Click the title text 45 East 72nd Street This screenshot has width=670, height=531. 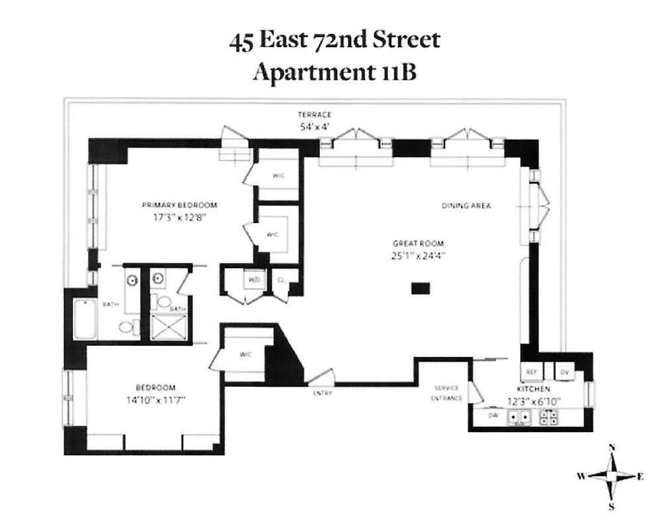pos(334,40)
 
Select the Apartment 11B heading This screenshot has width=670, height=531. pos(334,71)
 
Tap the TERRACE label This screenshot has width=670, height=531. pos(314,115)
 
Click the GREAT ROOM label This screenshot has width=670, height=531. pos(418,243)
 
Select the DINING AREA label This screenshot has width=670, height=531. pos(466,206)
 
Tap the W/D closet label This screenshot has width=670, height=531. pos(254,279)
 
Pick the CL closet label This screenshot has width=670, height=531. pos(281,279)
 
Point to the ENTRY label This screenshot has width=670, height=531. pos(322,393)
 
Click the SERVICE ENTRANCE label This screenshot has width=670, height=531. pos(446,393)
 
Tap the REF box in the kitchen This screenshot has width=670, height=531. pos(531,372)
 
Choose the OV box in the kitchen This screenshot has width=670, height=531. pos(565,372)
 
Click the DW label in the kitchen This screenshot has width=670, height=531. pos(493,415)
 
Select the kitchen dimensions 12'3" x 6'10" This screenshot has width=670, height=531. pos(534,402)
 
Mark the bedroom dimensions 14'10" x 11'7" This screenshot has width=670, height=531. pos(155,400)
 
